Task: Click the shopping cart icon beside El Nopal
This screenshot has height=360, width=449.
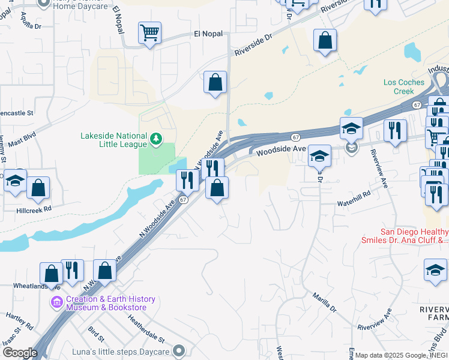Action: [149, 32]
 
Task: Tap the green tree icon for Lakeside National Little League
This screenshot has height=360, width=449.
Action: [156, 140]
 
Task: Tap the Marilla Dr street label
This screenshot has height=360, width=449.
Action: [325, 302]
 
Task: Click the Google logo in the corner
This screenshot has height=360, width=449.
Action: [20, 353]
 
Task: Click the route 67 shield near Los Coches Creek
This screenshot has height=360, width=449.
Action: [417, 104]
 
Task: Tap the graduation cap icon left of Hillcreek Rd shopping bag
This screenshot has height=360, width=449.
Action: [14, 180]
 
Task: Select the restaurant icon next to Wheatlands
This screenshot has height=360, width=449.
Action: [73, 271]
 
